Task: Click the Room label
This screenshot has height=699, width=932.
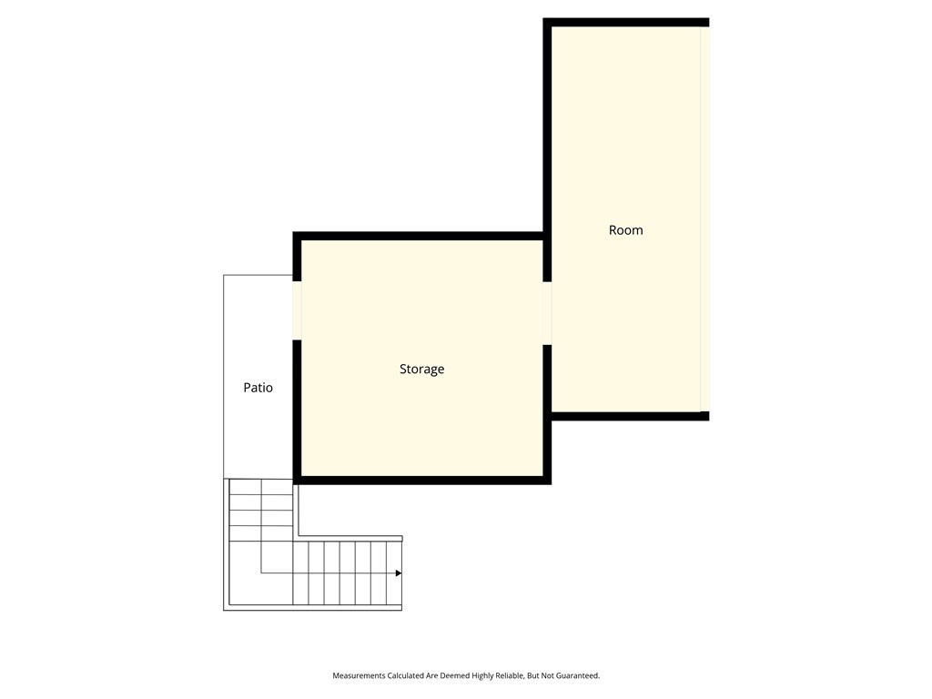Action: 625,230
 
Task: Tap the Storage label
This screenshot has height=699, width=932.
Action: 421,370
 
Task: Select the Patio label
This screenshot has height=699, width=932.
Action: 258,388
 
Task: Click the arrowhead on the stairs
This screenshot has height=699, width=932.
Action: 398,573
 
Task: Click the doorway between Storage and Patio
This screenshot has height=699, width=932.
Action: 297,310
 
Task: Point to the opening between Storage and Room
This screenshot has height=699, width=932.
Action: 547,313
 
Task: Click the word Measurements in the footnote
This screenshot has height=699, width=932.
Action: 359,676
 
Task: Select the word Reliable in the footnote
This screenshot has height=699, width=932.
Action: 505,676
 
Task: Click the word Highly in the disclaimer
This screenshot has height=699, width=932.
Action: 474,676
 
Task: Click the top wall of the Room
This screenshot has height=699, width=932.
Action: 626,22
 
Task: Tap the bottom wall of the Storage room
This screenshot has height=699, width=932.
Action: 421,480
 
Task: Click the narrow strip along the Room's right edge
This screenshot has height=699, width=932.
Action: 704,218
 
